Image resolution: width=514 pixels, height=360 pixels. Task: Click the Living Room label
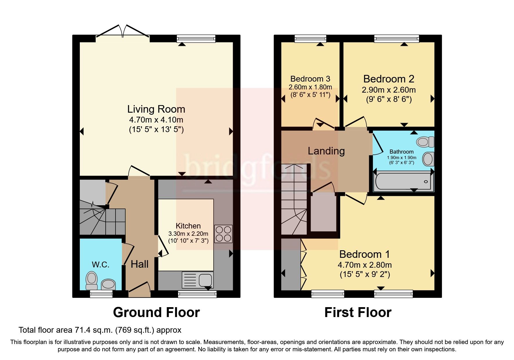tap(156, 109)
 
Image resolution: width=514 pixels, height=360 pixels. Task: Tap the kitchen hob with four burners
tap(223, 234)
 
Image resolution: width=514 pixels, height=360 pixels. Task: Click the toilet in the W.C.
tap(92, 280)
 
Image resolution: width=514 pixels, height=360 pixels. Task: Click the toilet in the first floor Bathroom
tap(425, 142)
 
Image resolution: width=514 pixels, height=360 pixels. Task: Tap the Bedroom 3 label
tap(310, 79)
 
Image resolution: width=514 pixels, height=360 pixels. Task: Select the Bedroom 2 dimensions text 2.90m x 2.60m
tap(389, 90)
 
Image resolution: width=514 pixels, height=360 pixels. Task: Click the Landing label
tap(326, 151)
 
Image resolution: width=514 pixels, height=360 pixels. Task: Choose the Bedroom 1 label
tap(365, 254)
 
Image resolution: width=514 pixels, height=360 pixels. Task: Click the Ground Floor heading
tap(156, 312)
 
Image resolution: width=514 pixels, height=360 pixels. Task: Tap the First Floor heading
tap(358, 312)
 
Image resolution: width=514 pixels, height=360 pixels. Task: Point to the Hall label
tap(140, 264)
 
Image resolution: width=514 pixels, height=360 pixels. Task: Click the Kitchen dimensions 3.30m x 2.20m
tap(188, 233)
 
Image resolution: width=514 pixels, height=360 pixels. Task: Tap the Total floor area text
tap(100, 330)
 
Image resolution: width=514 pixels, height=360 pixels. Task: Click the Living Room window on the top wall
tap(196, 39)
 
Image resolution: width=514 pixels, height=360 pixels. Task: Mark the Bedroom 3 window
tap(310, 39)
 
